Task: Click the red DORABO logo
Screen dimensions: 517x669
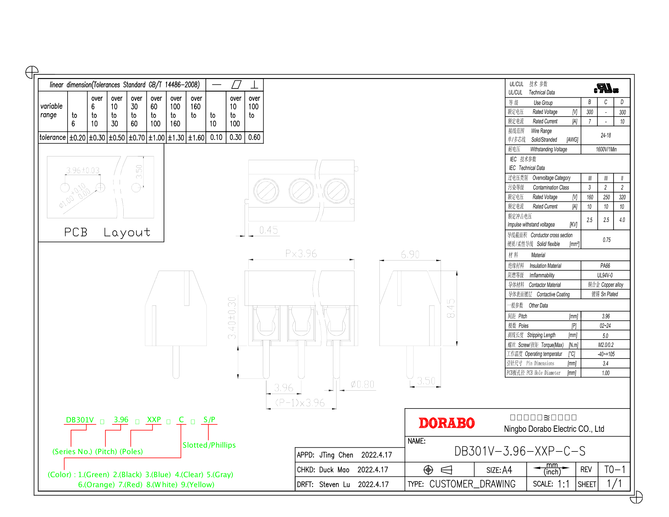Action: click(x=446, y=423)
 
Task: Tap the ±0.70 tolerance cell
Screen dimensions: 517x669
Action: click(x=137, y=138)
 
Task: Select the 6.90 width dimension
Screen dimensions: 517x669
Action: click(x=410, y=254)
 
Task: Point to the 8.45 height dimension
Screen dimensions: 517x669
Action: click(x=451, y=308)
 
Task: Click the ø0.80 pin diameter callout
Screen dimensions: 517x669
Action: click(x=362, y=385)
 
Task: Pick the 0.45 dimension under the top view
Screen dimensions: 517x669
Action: click(x=268, y=230)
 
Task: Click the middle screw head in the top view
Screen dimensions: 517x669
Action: click(x=301, y=191)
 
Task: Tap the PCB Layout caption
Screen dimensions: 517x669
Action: click(x=107, y=232)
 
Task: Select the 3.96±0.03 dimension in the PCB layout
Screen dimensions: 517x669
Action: click(x=83, y=170)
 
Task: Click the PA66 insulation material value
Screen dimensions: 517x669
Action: click(x=605, y=266)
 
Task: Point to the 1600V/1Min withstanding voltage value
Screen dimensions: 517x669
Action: click(x=606, y=149)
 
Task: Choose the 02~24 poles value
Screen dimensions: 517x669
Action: click(x=605, y=326)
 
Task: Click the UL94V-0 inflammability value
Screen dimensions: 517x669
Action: click(x=605, y=275)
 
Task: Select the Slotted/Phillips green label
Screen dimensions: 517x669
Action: click(x=209, y=445)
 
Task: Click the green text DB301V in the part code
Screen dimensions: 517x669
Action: click(x=80, y=420)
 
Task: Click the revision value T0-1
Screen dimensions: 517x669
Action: click(x=614, y=469)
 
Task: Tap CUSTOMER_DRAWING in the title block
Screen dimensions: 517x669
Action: click(x=472, y=484)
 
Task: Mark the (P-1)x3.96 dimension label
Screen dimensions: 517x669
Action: click(x=300, y=403)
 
